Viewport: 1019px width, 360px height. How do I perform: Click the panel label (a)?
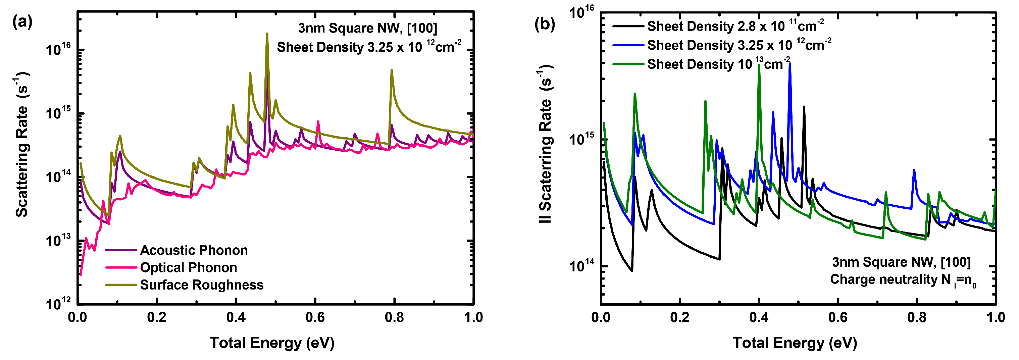pyautogui.click(x=22, y=22)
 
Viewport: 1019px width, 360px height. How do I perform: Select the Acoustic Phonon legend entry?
pyautogui.click(x=194, y=250)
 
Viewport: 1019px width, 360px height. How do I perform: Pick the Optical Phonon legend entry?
pyautogui.click(x=188, y=267)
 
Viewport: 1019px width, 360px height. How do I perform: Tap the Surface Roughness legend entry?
pyautogui.click(x=201, y=285)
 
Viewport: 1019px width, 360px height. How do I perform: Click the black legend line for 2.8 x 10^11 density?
pyautogui.click(x=628, y=27)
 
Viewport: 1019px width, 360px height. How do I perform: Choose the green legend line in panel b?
pyautogui.click(x=628, y=64)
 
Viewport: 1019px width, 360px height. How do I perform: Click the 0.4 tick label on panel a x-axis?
pyautogui.click(x=236, y=317)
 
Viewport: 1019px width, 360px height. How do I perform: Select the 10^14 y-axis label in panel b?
pyautogui.click(x=581, y=266)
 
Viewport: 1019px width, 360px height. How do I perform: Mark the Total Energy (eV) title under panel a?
pyautogui.click(x=272, y=343)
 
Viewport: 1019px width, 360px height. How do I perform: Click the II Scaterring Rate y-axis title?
pyautogui.click(x=545, y=144)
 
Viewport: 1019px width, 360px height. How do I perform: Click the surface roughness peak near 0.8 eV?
pyautogui.click(x=391, y=71)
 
